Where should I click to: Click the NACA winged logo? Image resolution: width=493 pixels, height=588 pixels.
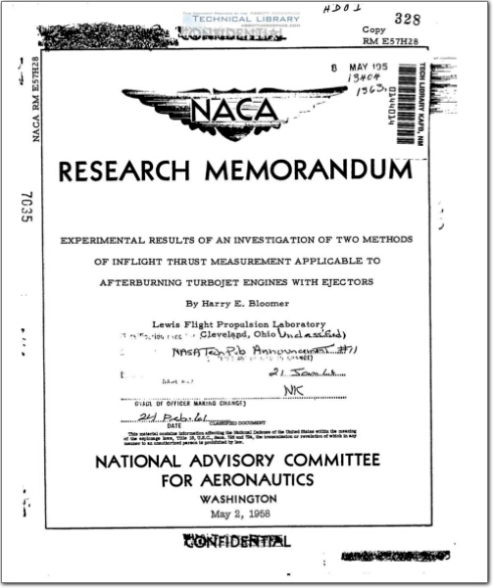pos(234,111)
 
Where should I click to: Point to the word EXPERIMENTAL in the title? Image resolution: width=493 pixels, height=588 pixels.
pos(110,240)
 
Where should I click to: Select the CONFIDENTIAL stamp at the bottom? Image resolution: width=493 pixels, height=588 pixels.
pos(235,542)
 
